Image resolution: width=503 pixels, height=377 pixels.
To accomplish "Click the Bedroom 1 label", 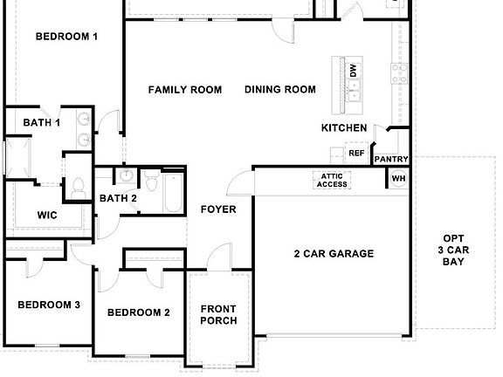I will click(x=66, y=37).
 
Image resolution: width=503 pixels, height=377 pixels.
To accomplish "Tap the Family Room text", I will click(x=184, y=90).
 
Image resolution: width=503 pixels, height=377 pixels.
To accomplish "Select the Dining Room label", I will click(x=279, y=90).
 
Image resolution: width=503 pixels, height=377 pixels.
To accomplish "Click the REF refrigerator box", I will click(x=356, y=153).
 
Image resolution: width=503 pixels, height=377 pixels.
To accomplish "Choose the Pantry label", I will click(x=390, y=160).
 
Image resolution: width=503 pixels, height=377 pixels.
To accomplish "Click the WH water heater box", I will click(x=398, y=178).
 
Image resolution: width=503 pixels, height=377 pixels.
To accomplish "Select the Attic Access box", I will click(x=332, y=180).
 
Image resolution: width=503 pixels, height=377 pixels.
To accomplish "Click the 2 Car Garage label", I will click(x=333, y=254).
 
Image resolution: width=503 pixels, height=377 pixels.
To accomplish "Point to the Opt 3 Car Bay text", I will click(x=452, y=250).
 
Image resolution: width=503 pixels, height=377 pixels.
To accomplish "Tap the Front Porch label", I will click(x=218, y=314).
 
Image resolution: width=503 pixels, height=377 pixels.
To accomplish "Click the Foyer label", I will click(x=218, y=209).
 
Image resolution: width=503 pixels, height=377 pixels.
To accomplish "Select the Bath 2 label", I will click(x=118, y=198).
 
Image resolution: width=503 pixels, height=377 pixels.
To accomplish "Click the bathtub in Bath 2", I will click(x=171, y=195).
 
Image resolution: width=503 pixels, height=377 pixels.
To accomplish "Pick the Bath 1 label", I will click(x=41, y=123).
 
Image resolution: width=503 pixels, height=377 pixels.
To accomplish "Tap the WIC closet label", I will click(x=46, y=215).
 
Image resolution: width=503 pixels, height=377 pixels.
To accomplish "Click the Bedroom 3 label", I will click(x=49, y=305).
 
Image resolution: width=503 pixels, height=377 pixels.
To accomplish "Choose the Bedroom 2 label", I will click(x=138, y=312).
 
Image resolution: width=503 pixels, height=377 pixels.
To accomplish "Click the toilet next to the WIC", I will click(x=77, y=186).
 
